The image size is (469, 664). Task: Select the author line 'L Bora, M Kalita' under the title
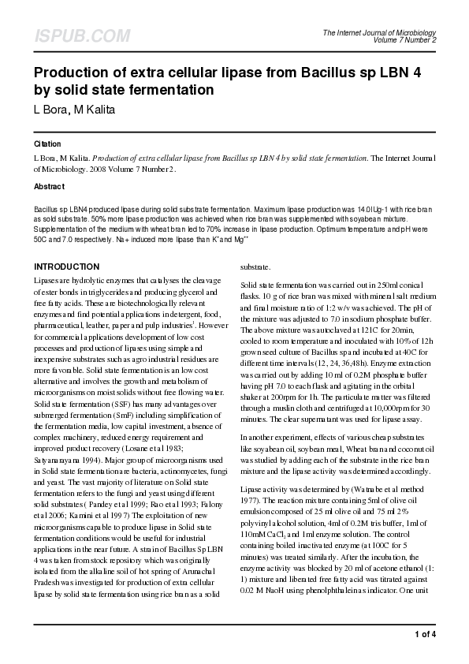click(74, 109)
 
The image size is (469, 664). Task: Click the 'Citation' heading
click(47, 145)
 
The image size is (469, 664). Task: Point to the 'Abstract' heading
click(49, 187)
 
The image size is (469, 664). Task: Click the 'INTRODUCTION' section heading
click(66, 267)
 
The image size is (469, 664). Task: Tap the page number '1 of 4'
click(424, 634)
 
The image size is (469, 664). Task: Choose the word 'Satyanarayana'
click(59, 459)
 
